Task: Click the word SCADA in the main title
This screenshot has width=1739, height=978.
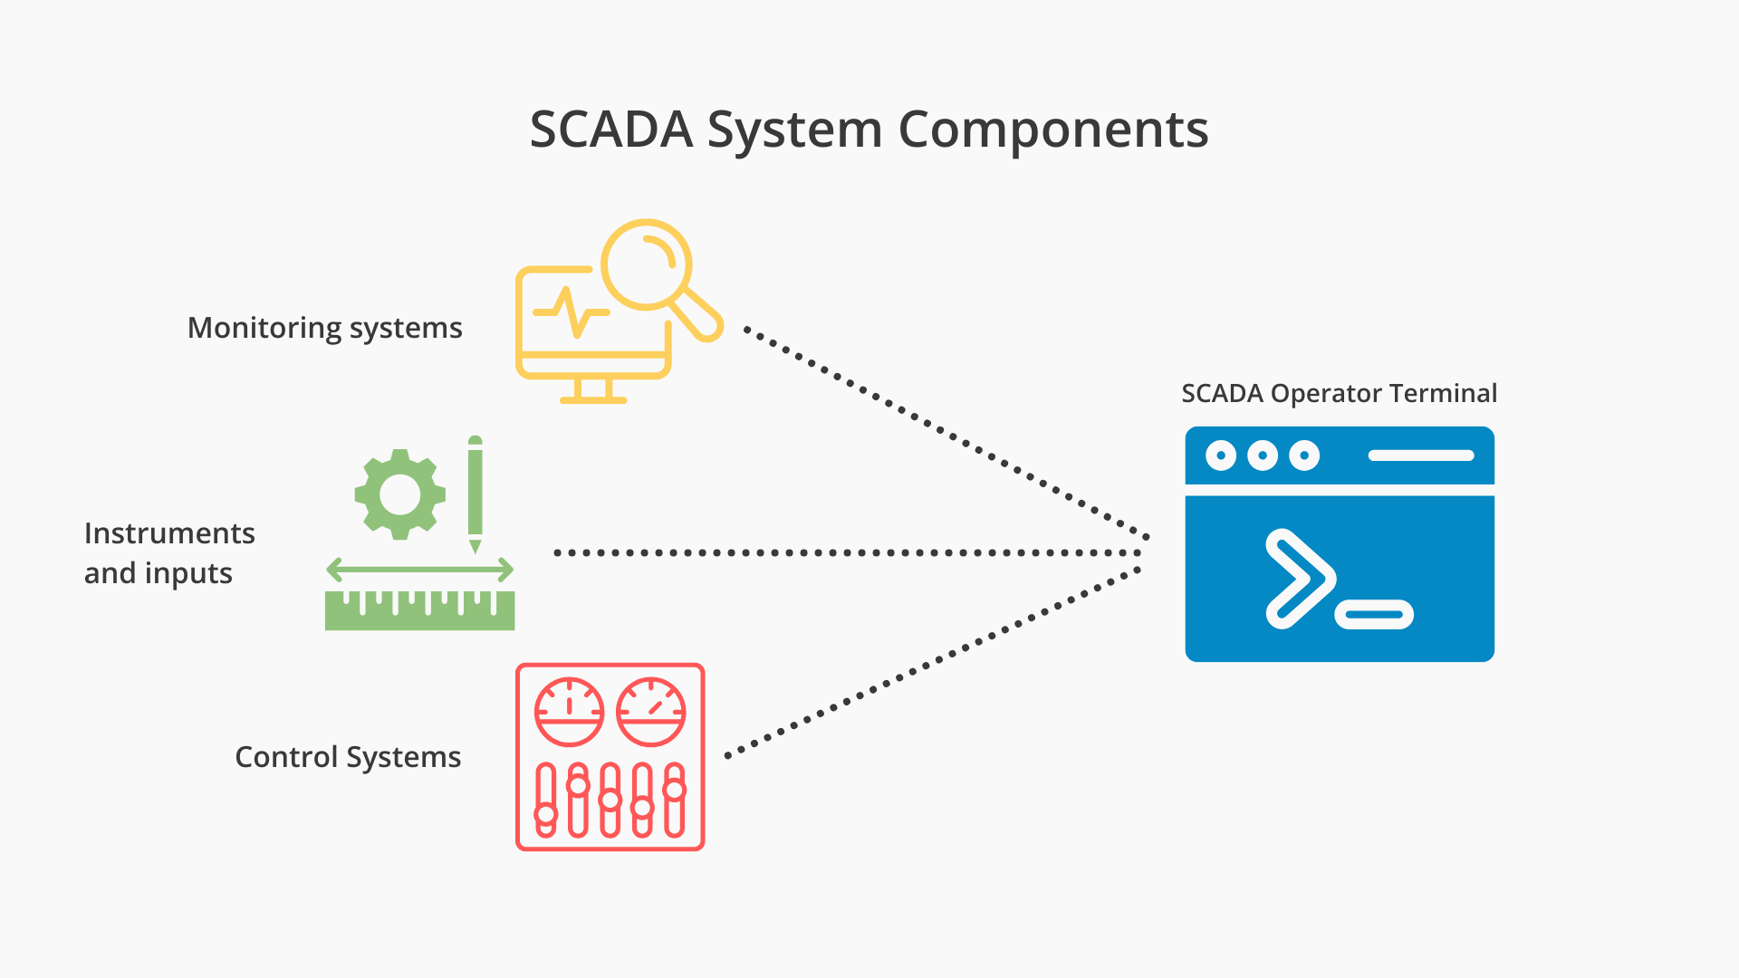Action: pos(610,129)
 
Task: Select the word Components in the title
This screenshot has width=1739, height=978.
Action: pos(1052,129)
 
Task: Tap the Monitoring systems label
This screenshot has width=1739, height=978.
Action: pos(324,328)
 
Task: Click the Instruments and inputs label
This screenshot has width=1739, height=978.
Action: pos(169,552)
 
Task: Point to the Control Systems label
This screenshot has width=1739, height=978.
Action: pos(348,757)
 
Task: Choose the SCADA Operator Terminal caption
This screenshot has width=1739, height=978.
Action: pos(1339,394)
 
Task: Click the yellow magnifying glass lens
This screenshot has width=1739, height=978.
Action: pos(646,264)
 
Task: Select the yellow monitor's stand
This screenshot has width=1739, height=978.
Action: pos(593,390)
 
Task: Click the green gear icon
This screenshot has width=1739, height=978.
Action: pos(400,494)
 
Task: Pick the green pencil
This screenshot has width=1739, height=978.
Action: pos(475,494)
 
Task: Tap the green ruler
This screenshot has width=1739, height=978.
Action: pos(419,611)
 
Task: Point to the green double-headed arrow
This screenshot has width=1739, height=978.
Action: pos(419,570)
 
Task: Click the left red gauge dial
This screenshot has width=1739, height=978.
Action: pos(569,712)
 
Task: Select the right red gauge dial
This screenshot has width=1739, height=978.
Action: pos(650,712)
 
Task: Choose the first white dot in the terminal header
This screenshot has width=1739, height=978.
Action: pos(1221,455)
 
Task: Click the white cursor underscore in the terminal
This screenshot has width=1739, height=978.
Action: pos(1374,615)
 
